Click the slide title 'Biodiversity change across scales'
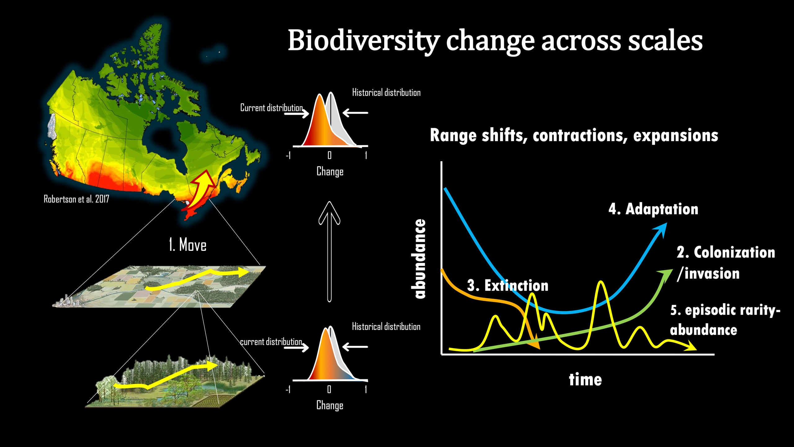pos(495,41)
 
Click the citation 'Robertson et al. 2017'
pos(76,199)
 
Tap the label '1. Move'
pos(188,245)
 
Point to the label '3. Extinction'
pos(508,285)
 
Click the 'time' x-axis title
pos(585,380)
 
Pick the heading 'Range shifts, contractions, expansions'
pos(574,136)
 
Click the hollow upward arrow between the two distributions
pos(329,252)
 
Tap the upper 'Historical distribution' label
pos(386,93)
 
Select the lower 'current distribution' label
pos(271,342)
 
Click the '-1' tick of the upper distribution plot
pos(288,155)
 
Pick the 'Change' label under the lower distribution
pos(330,405)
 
